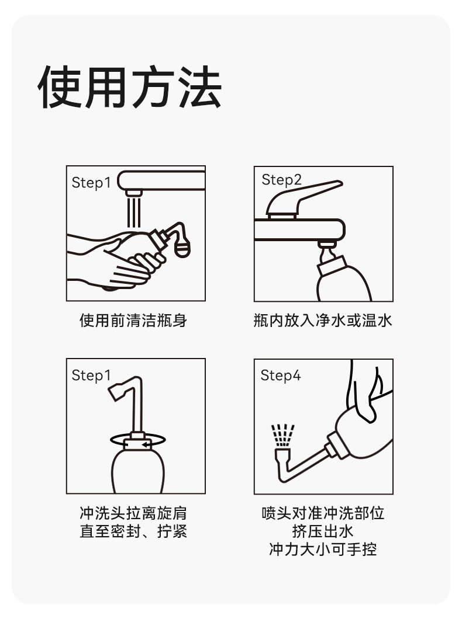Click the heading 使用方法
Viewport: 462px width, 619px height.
click(x=130, y=87)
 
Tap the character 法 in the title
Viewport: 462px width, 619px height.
click(x=199, y=87)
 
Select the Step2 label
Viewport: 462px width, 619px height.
click(x=281, y=180)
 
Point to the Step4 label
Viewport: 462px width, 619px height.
click(x=281, y=375)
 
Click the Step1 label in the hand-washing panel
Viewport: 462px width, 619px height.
click(x=91, y=183)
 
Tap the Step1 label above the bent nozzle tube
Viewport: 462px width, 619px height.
click(x=91, y=375)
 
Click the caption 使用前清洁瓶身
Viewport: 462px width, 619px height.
click(x=133, y=320)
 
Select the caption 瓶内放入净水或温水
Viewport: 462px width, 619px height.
click(x=323, y=320)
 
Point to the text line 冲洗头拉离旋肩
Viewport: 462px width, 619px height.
click(x=133, y=513)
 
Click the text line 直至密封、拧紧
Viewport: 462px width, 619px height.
click(x=133, y=531)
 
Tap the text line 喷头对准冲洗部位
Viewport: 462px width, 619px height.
click(x=323, y=513)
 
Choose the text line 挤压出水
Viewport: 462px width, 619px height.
click(x=323, y=531)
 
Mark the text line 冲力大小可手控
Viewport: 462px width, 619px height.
click(x=323, y=549)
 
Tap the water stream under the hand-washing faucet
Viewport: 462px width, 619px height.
click(x=134, y=212)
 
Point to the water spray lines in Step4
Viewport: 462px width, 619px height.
click(x=282, y=435)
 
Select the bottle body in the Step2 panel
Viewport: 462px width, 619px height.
click(x=343, y=280)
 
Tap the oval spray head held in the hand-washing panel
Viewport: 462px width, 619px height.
click(x=182, y=247)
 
